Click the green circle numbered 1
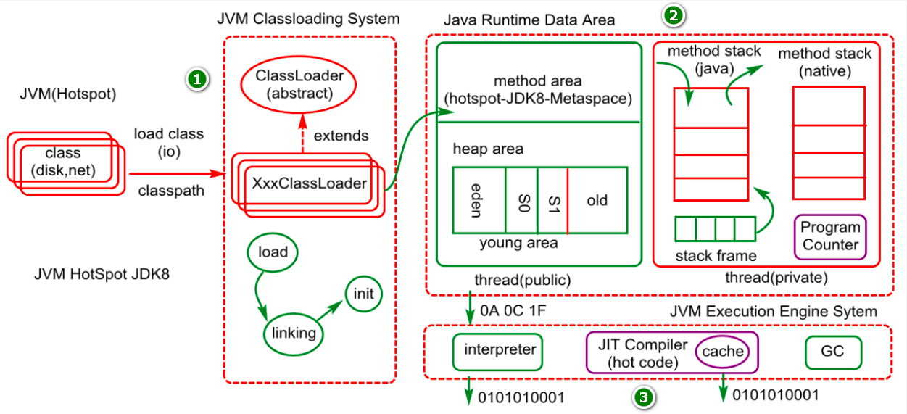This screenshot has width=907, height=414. pos(197,79)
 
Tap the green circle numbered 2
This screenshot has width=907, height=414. pos(674,16)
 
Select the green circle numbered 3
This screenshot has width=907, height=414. pos(643,398)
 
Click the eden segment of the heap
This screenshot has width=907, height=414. pos(479,200)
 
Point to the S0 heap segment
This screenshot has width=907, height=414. pos(522,200)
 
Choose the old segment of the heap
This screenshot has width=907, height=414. pos(597,200)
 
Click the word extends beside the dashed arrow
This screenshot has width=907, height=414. pos(341,136)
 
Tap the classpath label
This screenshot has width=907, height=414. pos(171,191)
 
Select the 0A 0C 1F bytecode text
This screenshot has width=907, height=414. pos(513,311)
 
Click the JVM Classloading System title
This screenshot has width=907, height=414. pos(309,19)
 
